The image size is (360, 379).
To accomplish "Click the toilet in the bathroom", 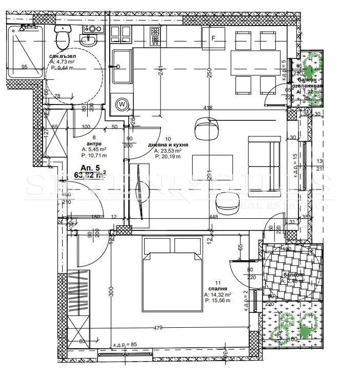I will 63,35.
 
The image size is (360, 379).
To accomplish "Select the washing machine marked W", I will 122,103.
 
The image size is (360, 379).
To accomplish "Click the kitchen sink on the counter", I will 122,66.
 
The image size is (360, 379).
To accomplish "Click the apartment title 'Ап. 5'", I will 89,167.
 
